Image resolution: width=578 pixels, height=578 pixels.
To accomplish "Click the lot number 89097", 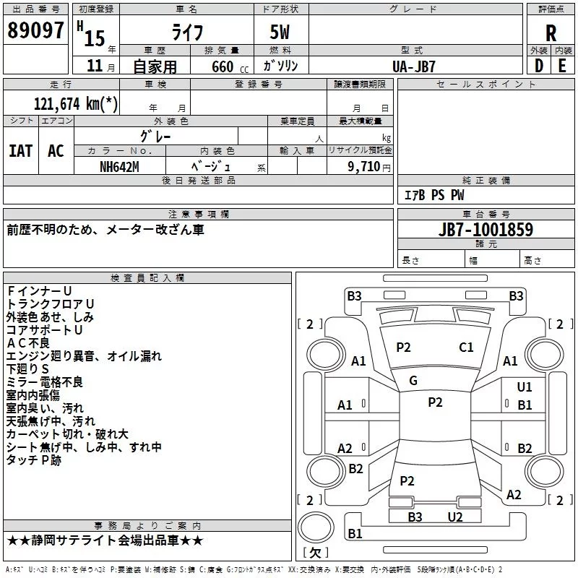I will pyautogui.click(x=35, y=31).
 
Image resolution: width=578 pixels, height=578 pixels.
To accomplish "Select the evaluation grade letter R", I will pyautogui.click(x=551, y=33).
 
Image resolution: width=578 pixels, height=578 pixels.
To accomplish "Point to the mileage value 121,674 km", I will pyautogui.click(x=75, y=103).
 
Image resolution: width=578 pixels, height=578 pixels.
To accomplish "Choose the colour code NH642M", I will pyautogui.click(x=120, y=166).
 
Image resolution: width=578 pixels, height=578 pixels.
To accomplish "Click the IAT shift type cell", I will pyautogui.click(x=20, y=151).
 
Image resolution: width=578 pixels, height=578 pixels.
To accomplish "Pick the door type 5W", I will pyautogui.click(x=281, y=33).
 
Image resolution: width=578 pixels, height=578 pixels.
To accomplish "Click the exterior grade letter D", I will pyautogui.click(x=538, y=66).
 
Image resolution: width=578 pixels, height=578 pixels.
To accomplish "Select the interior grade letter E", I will pyautogui.click(x=562, y=66).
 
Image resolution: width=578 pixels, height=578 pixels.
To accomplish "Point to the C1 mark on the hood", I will pyautogui.click(x=466, y=348).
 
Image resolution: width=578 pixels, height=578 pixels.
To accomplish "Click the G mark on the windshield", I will pyautogui.click(x=413, y=381).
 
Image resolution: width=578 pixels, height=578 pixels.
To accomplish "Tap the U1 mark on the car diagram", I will pyautogui.click(x=525, y=387).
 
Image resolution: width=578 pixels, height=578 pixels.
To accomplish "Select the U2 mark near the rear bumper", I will pyautogui.click(x=454, y=517).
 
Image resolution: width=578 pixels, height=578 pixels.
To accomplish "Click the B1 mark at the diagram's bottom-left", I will pyautogui.click(x=355, y=534).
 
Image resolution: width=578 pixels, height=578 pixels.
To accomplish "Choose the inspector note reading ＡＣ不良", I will pyautogui.click(x=28, y=342).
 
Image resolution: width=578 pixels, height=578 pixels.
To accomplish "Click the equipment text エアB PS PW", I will pyautogui.click(x=433, y=195).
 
